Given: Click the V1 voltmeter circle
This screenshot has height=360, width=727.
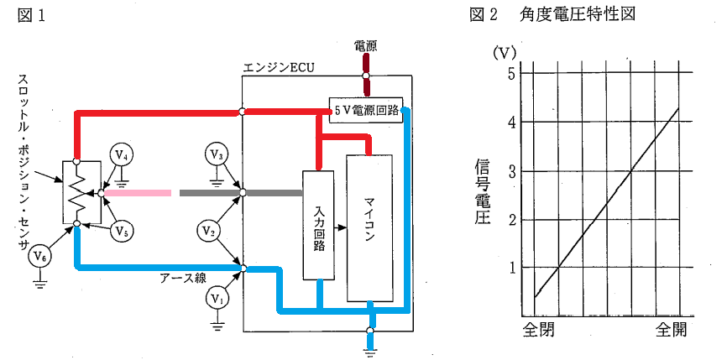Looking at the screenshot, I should click(217, 296).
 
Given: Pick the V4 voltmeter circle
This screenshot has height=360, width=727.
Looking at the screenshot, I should click(123, 154).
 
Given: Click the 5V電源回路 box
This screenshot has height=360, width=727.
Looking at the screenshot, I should click(365, 109).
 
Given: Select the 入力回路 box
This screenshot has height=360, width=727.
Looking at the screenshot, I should click(319, 224).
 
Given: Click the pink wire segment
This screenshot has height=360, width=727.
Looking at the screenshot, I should click(138, 193).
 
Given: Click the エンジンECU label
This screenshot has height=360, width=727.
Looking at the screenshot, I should click(277, 67).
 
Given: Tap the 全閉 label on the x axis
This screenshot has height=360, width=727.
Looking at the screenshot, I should click(538, 328).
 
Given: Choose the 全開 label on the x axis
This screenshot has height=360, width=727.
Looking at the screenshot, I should click(672, 328).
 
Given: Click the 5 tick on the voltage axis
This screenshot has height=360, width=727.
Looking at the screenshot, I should click(510, 72).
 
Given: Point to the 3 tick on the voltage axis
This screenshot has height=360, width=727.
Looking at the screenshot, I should click(510, 170).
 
